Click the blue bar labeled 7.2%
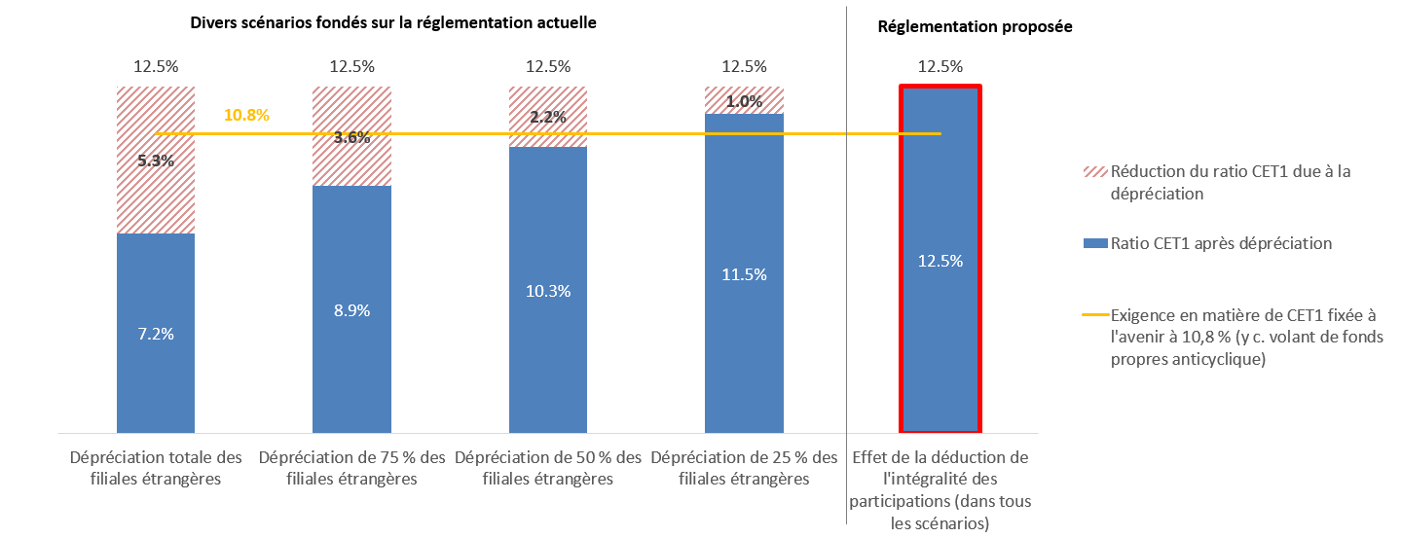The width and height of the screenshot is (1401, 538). (156, 333)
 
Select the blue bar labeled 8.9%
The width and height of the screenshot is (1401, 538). (352, 309)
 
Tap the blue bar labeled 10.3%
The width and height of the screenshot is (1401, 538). (548, 290)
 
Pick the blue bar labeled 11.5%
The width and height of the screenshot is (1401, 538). (744, 273)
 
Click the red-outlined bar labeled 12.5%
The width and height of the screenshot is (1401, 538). (940, 259)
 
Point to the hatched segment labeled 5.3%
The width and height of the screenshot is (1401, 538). (156, 160)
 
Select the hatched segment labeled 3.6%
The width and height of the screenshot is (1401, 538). (352, 136)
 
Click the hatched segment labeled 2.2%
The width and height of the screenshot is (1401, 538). (548, 117)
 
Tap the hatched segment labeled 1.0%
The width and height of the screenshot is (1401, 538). (744, 100)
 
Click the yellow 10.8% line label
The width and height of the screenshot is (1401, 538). (246, 115)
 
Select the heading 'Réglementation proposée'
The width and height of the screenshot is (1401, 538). (976, 27)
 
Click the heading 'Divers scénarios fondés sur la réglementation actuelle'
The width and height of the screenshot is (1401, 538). (393, 23)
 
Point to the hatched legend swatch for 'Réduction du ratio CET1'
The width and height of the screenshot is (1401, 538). (1095, 172)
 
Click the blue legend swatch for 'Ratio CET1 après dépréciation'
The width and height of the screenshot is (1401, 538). (1095, 243)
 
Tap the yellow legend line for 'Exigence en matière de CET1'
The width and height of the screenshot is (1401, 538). (1095, 315)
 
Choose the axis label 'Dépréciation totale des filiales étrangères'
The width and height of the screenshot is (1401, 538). (156, 468)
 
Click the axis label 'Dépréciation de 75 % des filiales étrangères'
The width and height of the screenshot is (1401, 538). (352, 468)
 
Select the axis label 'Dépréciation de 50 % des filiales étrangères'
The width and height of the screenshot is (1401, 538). (548, 468)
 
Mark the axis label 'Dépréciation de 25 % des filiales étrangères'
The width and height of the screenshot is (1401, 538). (744, 468)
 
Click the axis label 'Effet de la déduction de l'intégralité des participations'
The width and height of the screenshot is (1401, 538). (940, 490)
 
